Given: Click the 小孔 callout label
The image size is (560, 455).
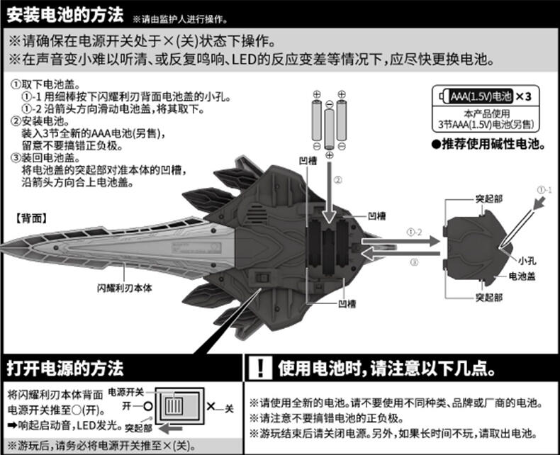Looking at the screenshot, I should click(527, 259).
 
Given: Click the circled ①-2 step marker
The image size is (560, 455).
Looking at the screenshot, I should click(414, 232).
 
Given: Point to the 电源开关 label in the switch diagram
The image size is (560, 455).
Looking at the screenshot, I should click(126, 392).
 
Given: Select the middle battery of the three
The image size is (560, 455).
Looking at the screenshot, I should click(329, 128).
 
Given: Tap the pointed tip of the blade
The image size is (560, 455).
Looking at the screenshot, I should click(6, 248).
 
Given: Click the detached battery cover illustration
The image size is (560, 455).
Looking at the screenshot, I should click(476, 245).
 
